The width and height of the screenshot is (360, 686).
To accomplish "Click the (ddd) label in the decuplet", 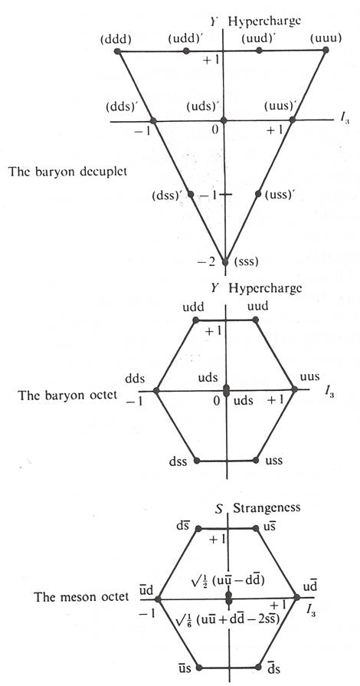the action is pos(116,39).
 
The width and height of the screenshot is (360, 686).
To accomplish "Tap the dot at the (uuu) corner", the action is pos(326,51).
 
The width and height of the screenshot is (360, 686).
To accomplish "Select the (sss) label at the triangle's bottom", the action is pos(247,262).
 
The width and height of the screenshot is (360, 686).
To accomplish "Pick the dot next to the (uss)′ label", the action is pos(257,193).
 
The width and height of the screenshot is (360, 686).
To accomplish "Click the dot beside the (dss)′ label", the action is pos(190,193).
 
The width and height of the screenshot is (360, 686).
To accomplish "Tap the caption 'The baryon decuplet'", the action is pos(68,171).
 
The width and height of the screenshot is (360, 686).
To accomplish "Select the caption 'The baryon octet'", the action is pos(67,395).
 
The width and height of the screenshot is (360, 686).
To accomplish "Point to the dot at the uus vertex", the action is pos(294,389).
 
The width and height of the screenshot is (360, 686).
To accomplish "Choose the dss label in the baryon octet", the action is pos(178,461).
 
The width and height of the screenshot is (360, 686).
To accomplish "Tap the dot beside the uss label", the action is pos(256,460).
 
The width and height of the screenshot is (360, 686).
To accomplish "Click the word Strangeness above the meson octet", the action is pos(267,508).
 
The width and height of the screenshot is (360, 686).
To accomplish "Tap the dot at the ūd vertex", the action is pos(159,598).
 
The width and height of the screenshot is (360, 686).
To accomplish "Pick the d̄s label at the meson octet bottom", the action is pos(273,669).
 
